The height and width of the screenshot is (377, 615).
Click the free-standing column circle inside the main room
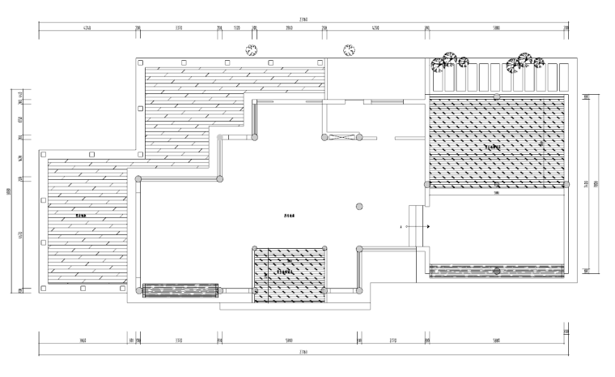click(358, 207)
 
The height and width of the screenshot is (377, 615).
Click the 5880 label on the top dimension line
click(496, 28)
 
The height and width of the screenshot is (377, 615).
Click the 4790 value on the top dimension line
click(375, 28)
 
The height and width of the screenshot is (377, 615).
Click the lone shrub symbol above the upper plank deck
click(252, 50)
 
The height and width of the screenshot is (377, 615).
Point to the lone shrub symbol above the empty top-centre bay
click(350, 50)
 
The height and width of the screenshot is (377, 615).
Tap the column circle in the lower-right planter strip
click(497, 271)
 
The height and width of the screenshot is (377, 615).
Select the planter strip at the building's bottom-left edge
click(180, 289)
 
